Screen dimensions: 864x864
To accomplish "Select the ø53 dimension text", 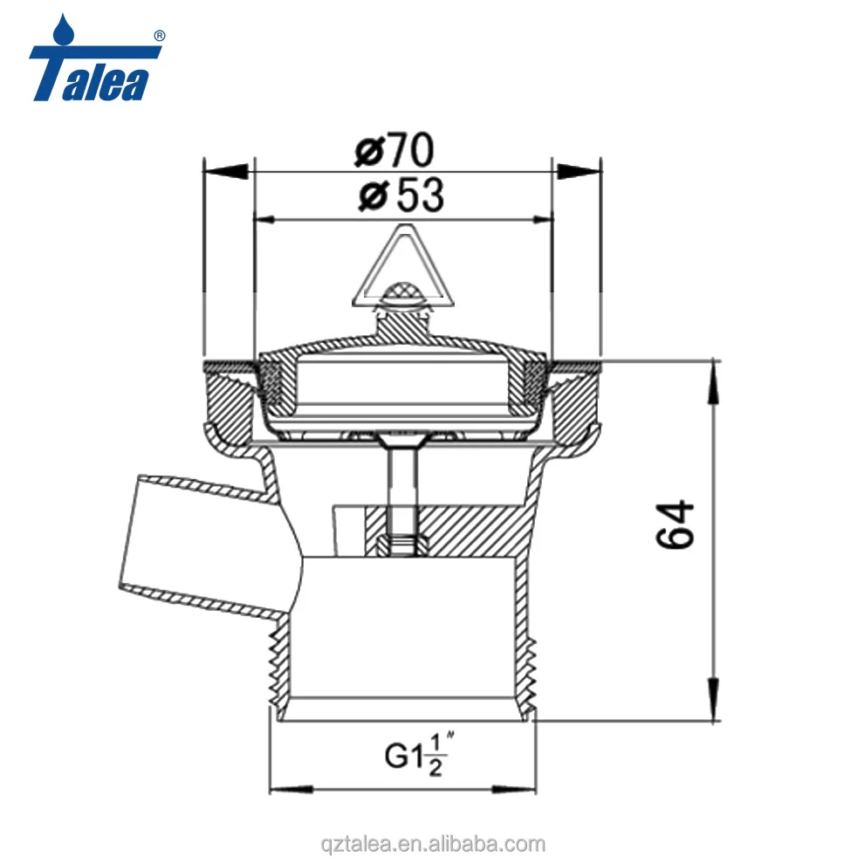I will (x=401, y=195).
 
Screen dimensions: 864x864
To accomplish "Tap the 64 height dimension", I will (x=675, y=524).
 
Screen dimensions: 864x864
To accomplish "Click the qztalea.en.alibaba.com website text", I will (x=432, y=844).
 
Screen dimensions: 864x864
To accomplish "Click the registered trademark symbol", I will (x=159, y=36).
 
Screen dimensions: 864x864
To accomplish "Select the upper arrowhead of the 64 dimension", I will (x=715, y=370).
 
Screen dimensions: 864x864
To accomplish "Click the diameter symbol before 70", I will (x=370, y=153).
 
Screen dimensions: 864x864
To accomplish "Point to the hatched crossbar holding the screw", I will (x=463, y=532).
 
